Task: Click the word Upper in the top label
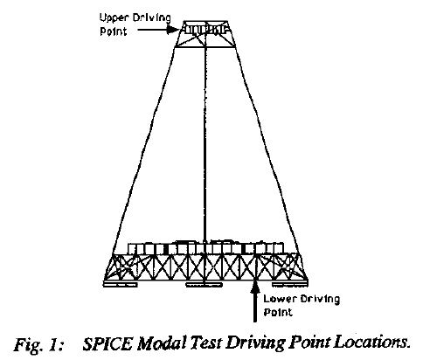point(114,18)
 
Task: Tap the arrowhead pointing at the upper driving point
point(173,29)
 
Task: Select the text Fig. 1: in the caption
point(38,345)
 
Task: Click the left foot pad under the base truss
point(120,284)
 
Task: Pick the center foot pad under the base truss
point(205,285)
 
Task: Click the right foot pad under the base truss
point(289,284)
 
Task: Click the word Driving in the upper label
point(151,18)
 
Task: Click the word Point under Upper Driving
point(114,31)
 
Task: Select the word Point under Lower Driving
point(278,312)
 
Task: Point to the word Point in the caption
point(309,343)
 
